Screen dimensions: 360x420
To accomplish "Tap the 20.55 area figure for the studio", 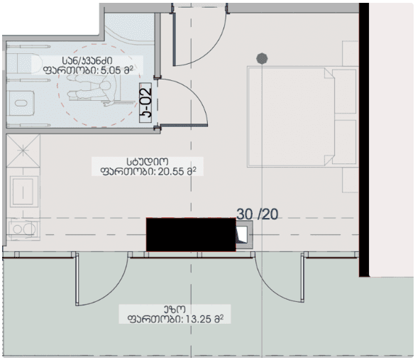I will click(x=168, y=170).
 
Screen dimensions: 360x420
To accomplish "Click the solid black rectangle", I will click(x=190, y=234).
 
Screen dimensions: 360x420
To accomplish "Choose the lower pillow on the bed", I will click(x=343, y=140).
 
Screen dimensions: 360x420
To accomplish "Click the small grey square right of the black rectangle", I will click(x=244, y=234).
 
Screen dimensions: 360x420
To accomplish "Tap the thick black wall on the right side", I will click(x=364, y=142).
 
